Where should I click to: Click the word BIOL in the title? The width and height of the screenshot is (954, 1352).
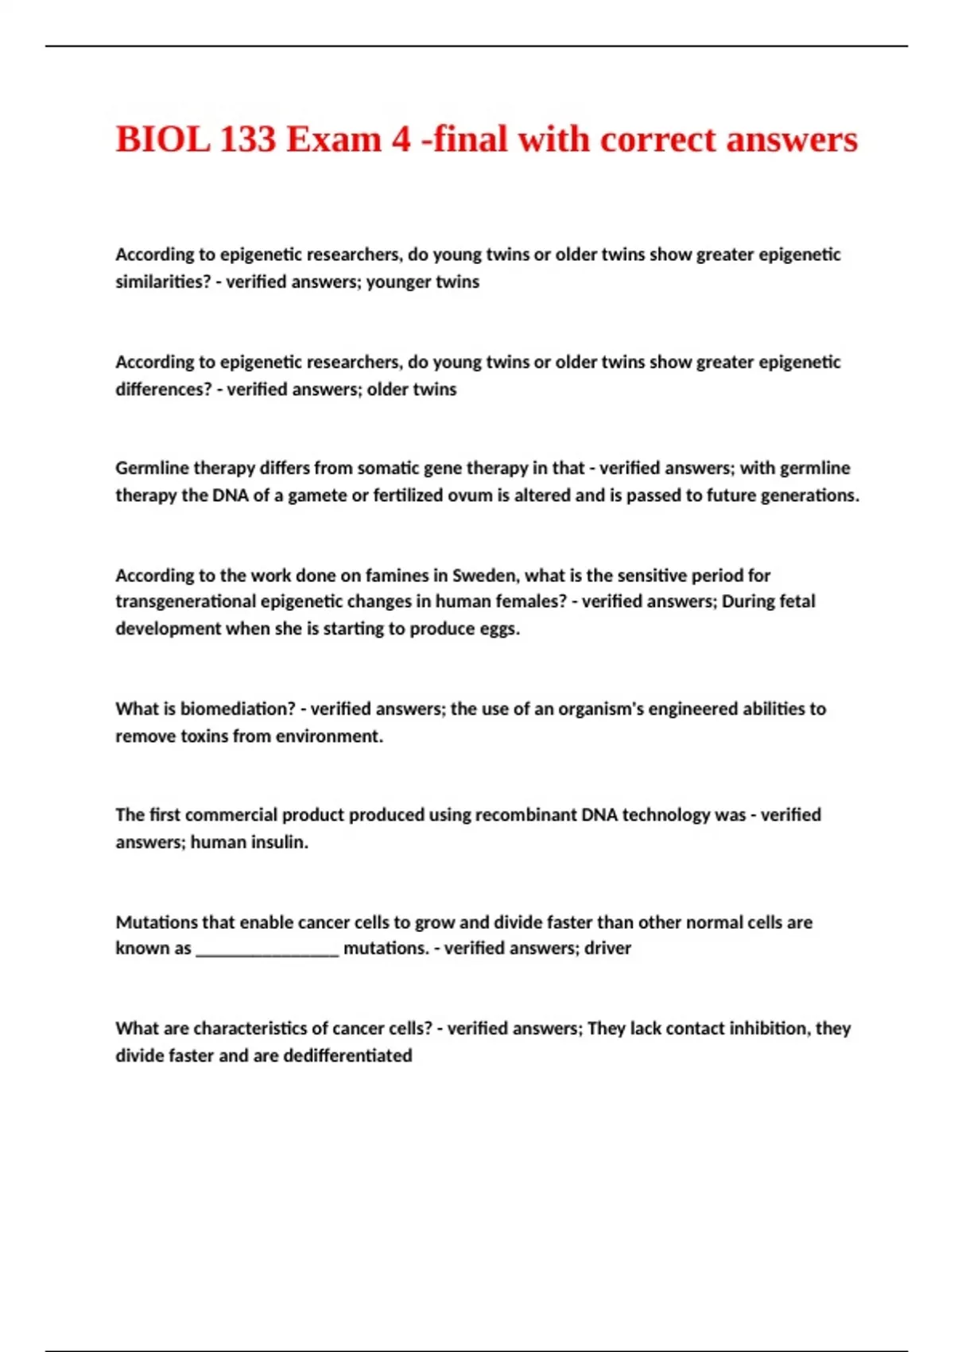pos(163,139)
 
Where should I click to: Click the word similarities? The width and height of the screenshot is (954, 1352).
pos(163,282)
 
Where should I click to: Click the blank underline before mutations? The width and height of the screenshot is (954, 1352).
pos(267,949)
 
